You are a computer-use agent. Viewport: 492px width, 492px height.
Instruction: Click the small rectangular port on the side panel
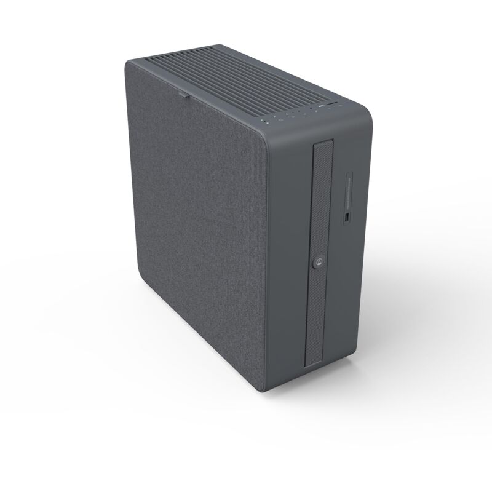[346, 219]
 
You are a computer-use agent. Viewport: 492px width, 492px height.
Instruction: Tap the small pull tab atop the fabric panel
[184, 95]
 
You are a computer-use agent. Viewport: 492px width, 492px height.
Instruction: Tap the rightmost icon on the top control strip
[338, 107]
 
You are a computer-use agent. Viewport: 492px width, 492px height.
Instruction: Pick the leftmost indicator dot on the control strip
[266, 122]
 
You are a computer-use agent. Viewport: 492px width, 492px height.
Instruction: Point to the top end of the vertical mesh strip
[323, 143]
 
